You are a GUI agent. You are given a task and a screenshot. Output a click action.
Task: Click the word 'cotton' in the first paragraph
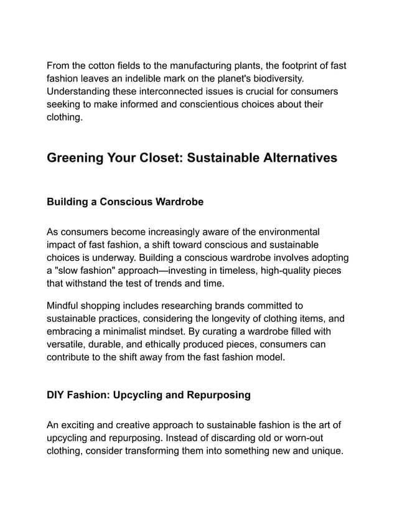[x=107, y=66]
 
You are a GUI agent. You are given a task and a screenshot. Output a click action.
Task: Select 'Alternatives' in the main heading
[x=289, y=158]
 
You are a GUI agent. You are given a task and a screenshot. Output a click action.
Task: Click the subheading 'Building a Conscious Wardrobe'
[x=125, y=202]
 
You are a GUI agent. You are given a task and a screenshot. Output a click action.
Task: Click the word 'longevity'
[x=238, y=319]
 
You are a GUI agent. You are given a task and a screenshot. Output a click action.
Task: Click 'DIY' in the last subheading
[x=57, y=395]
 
